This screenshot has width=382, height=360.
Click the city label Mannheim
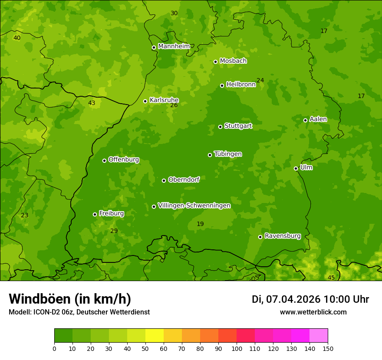coord(174,46)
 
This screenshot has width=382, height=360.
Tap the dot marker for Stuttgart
coord(221,127)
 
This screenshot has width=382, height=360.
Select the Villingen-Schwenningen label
coord(194,206)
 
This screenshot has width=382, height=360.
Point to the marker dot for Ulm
coord(296,168)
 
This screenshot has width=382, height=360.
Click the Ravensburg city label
coord(283,236)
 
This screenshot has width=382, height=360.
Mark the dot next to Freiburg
coord(95,214)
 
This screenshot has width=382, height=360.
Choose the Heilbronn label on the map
coord(241,85)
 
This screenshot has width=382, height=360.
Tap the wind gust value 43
coord(92,103)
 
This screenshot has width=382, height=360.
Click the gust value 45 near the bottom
coord(331,278)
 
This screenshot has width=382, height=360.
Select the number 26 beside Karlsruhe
coord(174,105)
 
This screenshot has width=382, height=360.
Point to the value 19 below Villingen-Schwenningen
coord(200,224)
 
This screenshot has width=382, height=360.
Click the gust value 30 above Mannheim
coord(174,13)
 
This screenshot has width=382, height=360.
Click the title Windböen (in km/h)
coord(70,299)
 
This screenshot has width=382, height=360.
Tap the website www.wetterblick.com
coord(313,312)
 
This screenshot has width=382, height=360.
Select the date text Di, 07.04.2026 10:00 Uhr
coord(310,299)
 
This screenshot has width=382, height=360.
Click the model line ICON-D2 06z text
coord(79,312)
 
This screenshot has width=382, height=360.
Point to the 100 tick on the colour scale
coord(237,349)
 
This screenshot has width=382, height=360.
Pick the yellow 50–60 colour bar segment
coord(155,336)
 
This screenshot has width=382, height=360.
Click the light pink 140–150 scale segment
coord(319,336)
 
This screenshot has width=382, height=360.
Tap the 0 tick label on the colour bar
coord(54,349)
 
